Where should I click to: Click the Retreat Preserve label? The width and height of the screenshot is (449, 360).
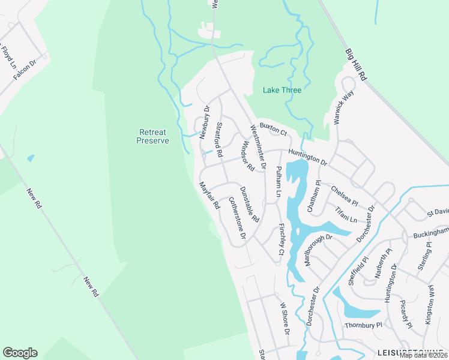[152, 136]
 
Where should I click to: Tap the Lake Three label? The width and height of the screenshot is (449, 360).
[282, 90]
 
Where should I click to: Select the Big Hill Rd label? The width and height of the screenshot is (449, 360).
[356, 65]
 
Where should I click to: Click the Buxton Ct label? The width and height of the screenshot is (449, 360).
[273, 128]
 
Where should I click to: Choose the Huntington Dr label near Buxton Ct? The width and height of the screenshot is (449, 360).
[307, 158]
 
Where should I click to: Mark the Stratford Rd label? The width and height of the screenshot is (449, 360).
[220, 137]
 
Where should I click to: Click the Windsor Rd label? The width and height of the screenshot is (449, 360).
[247, 156]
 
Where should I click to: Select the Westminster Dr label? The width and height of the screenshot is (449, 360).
[258, 146]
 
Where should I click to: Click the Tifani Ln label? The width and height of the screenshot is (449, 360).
[346, 214]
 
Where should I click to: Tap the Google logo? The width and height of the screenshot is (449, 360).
[20, 353]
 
